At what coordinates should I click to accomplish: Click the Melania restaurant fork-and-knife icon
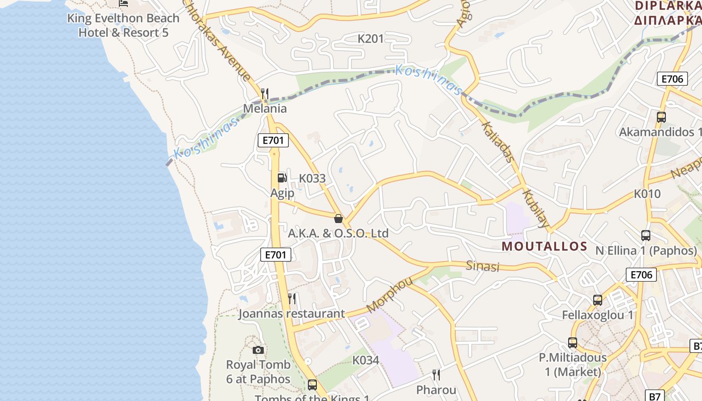(265, 94)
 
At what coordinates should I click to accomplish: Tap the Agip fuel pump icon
(282, 177)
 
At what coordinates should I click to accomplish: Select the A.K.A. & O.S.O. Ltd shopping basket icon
(338, 219)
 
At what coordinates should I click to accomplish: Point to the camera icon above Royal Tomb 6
(258, 350)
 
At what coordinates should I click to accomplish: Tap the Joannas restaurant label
(291, 314)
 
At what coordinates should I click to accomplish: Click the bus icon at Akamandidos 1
(661, 117)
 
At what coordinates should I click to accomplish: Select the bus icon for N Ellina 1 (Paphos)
(646, 235)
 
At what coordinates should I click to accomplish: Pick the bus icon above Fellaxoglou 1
(598, 300)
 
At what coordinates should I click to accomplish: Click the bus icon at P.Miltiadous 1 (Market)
(573, 343)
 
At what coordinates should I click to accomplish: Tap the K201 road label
(371, 39)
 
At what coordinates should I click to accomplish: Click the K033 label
(312, 178)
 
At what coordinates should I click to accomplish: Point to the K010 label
(647, 193)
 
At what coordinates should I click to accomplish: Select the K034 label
(366, 360)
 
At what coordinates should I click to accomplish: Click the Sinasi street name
(483, 266)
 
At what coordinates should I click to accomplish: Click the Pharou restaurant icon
(436, 375)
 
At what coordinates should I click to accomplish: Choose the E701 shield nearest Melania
(273, 140)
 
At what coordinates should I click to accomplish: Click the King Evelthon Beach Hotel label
(123, 25)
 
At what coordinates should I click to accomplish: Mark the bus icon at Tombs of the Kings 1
(312, 385)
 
